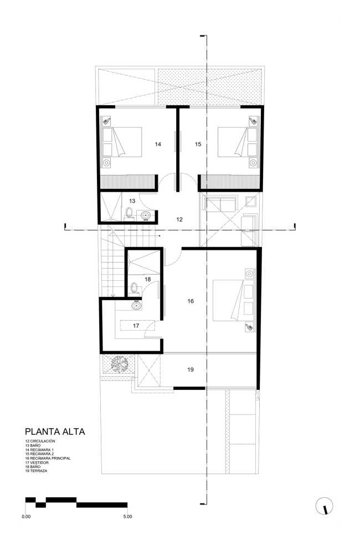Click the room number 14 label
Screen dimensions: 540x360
tap(158, 144)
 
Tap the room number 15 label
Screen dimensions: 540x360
tap(198, 144)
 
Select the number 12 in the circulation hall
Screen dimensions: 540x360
tap(179, 219)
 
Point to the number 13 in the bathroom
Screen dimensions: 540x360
tap(132, 201)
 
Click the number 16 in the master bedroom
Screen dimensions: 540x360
tap(191, 301)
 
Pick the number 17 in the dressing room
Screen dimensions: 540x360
tap(136, 326)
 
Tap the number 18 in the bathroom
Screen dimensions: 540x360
tap(148, 280)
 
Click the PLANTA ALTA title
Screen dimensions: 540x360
tap(55, 431)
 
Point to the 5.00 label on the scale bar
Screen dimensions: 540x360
tap(127, 516)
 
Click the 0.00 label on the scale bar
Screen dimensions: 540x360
tap(26, 516)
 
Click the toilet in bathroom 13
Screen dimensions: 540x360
tap(130, 212)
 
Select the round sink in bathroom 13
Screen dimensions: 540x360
tap(146, 216)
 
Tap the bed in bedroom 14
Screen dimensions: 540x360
tap(127, 142)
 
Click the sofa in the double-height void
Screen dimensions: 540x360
tap(220, 204)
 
